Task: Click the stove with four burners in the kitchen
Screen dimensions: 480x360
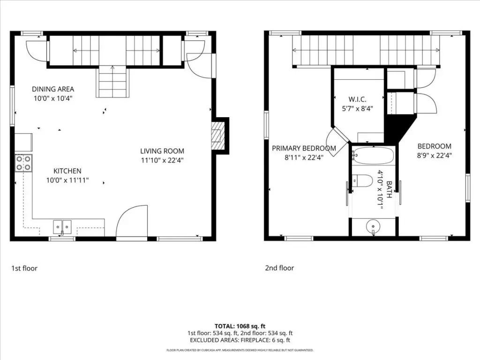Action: (23, 163)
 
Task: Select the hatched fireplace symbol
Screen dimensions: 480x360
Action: (218, 135)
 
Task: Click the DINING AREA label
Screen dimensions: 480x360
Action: (53, 89)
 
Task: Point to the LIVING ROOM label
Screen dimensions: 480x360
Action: (162, 151)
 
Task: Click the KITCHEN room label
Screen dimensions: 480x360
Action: (67, 171)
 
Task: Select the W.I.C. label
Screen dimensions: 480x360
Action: (357, 99)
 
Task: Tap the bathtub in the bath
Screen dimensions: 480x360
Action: (373, 156)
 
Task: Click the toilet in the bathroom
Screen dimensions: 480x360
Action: (361, 180)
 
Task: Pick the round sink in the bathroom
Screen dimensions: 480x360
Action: (373, 226)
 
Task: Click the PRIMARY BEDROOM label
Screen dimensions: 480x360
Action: (304, 149)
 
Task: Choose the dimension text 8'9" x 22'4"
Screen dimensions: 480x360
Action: (435, 156)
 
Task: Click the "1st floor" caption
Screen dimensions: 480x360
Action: (24, 269)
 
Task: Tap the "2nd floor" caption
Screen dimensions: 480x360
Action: (279, 268)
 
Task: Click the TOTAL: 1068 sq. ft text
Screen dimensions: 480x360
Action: (240, 326)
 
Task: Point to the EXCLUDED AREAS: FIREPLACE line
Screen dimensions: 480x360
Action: (240, 340)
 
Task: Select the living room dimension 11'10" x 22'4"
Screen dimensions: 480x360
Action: (162, 160)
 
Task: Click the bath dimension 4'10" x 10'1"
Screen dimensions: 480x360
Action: (380, 190)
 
